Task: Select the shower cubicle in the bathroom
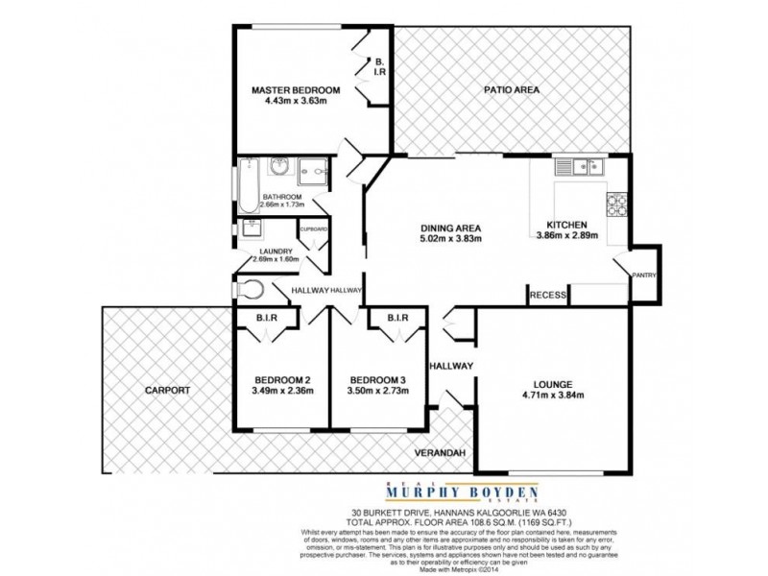tap(312, 172)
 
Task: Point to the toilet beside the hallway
tap(252, 289)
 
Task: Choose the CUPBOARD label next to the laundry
tap(314, 230)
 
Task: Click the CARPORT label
tap(168, 391)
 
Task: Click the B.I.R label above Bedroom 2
tap(267, 318)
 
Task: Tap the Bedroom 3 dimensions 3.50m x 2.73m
tap(378, 391)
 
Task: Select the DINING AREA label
tap(450, 228)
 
